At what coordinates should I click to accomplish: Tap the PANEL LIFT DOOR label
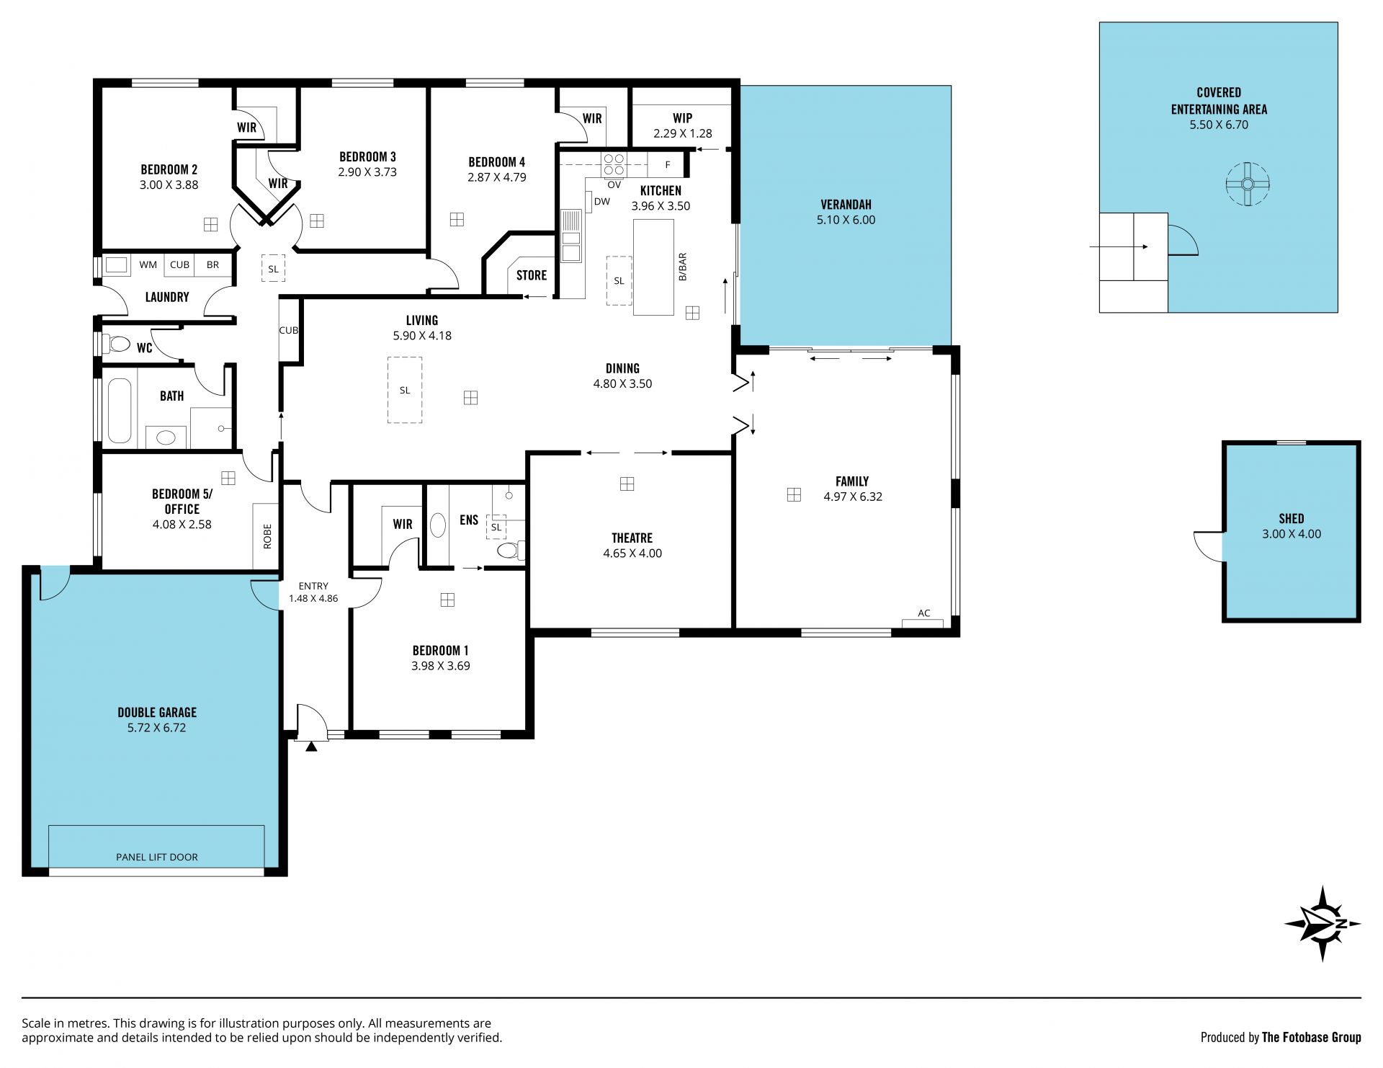pyautogui.click(x=156, y=857)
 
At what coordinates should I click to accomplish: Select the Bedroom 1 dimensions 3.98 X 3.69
pyautogui.click(x=440, y=666)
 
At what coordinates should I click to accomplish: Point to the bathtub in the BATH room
pyautogui.click(x=120, y=410)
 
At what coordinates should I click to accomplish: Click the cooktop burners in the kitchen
pyautogui.click(x=614, y=165)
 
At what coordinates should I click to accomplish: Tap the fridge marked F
pyautogui.click(x=667, y=165)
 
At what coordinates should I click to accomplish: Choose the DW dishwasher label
pyautogui.click(x=602, y=202)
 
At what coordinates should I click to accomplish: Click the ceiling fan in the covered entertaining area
pyautogui.click(x=1248, y=184)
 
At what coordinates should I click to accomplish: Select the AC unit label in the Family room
pyautogui.click(x=923, y=613)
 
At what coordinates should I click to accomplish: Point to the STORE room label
pyautogui.click(x=532, y=275)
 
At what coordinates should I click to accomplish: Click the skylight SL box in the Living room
pyautogui.click(x=405, y=390)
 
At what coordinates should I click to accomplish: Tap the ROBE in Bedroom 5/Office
pyautogui.click(x=267, y=536)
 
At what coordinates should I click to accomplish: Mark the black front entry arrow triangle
pyautogui.click(x=311, y=747)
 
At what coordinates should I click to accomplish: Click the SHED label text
pyautogui.click(x=1292, y=518)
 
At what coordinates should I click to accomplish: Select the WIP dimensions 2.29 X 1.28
pyautogui.click(x=683, y=133)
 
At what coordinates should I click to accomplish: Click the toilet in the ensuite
pyautogui.click(x=510, y=551)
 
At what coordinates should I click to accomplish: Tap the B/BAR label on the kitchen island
pyautogui.click(x=683, y=267)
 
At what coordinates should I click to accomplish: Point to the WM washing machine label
pyautogui.click(x=148, y=264)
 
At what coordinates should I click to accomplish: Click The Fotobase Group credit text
pyautogui.click(x=1312, y=1037)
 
